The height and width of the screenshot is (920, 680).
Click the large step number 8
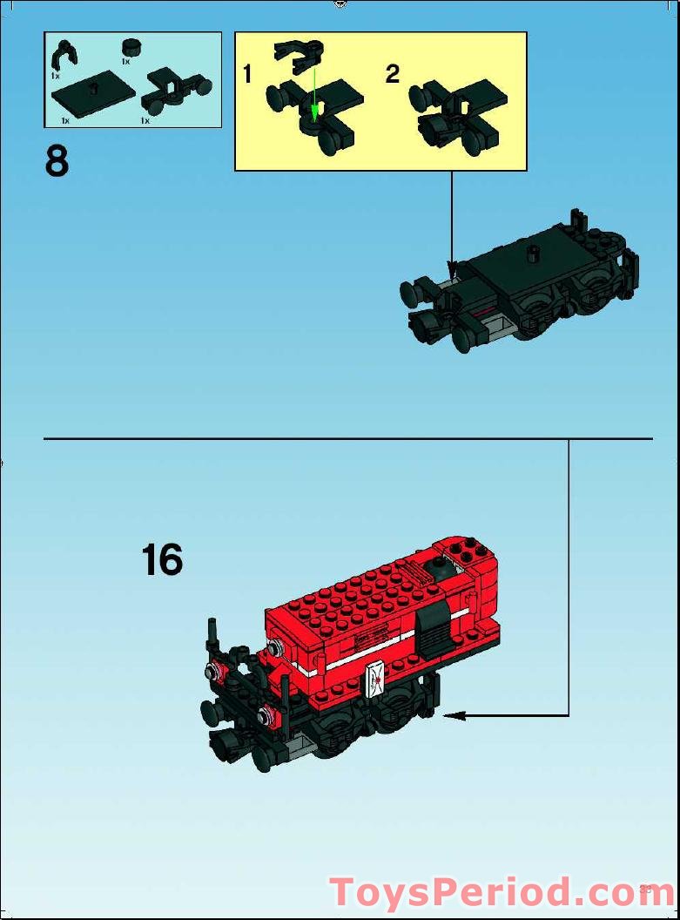pyautogui.click(x=57, y=162)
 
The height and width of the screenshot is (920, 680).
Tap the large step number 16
pyautogui.click(x=162, y=560)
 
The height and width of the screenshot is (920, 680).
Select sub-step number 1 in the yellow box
pyautogui.click(x=247, y=75)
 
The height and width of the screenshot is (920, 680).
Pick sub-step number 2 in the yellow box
pyautogui.click(x=393, y=74)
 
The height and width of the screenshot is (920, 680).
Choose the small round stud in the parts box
pyautogui.click(x=131, y=47)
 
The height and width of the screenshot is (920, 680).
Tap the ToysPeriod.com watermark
pyautogui.click(x=502, y=893)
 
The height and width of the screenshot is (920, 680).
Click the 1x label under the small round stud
pyautogui.click(x=125, y=62)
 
